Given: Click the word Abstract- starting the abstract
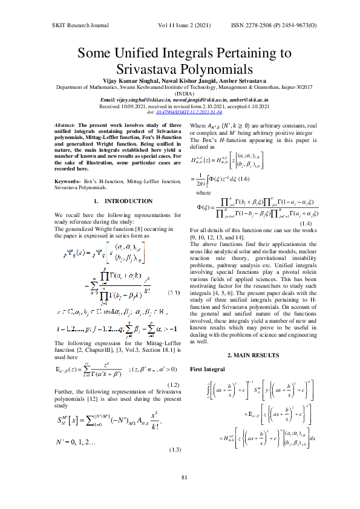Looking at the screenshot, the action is [x=65, y=124].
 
